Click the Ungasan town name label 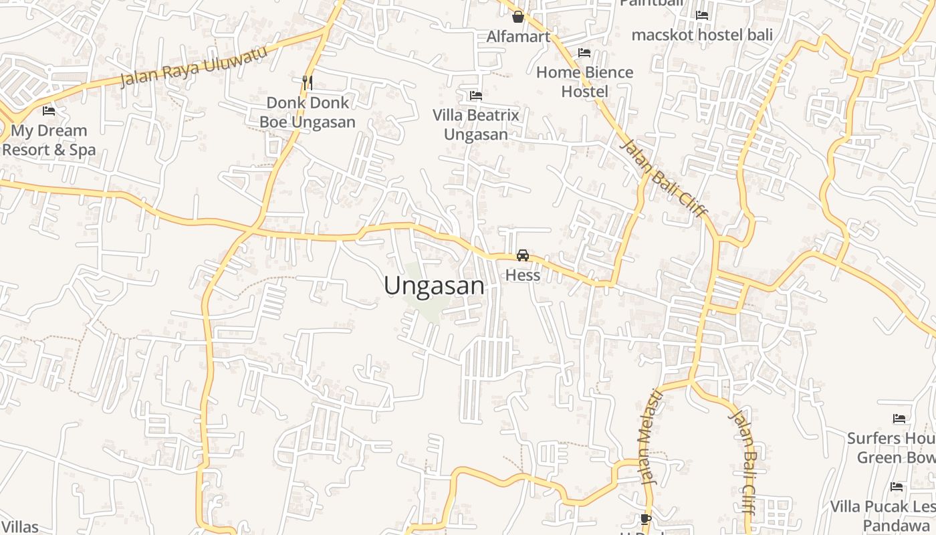pos(434,286)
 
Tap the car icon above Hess pos(523,255)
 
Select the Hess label pos(523,275)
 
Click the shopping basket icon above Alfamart pos(517,17)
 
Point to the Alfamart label pos(518,36)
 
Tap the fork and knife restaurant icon pos(308,82)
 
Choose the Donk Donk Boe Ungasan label pos(308,112)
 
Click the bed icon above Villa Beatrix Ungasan pos(476,96)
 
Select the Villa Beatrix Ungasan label pos(476,124)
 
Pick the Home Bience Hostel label pos(584,82)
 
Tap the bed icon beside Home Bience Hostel pos(584,52)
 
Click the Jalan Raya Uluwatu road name pos(193,66)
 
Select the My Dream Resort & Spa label pos(49,140)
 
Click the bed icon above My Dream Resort pos(49,110)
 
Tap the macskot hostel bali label pos(702,35)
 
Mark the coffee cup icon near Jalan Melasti pos(645,519)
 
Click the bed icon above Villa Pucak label pos(897,486)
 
